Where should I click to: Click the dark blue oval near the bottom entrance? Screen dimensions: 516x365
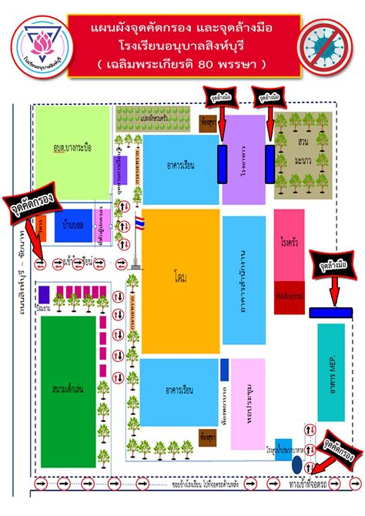click(296, 464)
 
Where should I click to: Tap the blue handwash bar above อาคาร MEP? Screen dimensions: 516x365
click(330, 312)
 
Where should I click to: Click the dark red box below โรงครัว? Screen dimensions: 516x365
click(288, 292)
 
